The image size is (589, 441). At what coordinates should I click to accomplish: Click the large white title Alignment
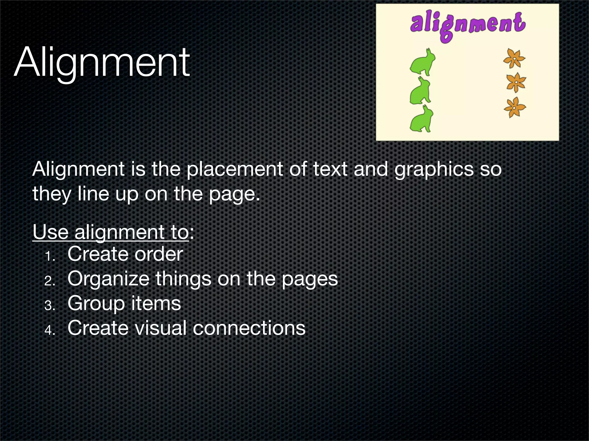[102, 63]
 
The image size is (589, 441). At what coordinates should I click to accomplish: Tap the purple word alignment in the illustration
[468, 24]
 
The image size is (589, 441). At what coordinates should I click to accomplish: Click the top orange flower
[514, 59]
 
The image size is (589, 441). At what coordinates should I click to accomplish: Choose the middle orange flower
[516, 82]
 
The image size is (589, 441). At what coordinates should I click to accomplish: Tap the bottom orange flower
[515, 107]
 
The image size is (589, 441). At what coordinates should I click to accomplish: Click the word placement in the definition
[235, 169]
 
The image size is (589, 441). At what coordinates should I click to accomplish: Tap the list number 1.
[49, 256]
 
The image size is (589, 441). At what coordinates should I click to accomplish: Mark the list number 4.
[49, 330]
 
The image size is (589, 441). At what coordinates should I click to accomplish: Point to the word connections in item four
[249, 328]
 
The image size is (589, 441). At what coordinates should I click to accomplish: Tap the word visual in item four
[161, 328]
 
